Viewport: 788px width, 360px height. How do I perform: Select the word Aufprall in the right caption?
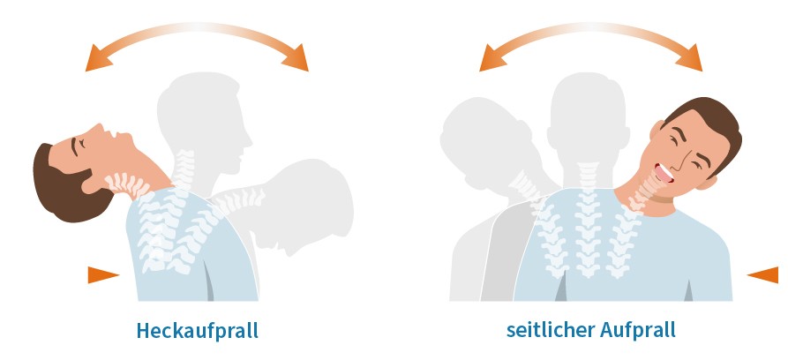pos(638,330)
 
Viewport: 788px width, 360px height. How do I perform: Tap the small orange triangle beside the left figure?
pos(103,275)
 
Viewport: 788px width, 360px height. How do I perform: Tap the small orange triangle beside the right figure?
pos(763,275)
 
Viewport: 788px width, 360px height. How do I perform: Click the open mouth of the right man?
pos(664,172)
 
